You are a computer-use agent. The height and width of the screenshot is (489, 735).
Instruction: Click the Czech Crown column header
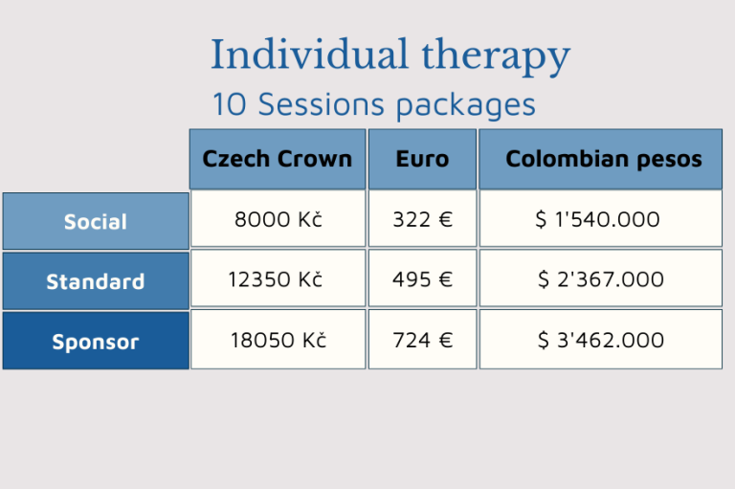278,160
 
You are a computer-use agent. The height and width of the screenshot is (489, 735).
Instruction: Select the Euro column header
422,160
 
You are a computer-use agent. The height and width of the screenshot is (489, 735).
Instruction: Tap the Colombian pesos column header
600,160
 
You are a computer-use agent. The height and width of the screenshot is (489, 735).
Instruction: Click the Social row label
96,221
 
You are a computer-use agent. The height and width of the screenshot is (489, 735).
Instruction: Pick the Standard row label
96,281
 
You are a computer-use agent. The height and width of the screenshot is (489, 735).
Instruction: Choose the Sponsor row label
96,341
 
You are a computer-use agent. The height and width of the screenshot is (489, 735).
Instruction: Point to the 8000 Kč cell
278,218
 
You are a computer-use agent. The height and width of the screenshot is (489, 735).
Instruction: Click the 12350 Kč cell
278,278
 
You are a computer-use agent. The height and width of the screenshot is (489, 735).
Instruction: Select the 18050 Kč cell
278,339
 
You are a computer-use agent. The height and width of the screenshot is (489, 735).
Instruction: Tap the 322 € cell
422,218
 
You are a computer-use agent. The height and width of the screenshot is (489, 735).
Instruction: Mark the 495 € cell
422,278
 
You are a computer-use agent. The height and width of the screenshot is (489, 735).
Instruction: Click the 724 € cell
422,339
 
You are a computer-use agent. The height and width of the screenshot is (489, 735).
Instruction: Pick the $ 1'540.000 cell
600,218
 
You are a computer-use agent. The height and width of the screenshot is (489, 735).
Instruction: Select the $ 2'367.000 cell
600,278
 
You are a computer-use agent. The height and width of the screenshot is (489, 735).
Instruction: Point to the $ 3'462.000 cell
600,339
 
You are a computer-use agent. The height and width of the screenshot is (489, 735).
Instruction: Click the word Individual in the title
309,54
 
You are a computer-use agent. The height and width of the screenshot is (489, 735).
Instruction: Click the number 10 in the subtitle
230,103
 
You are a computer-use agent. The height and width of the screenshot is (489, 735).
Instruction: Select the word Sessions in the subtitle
322,103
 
